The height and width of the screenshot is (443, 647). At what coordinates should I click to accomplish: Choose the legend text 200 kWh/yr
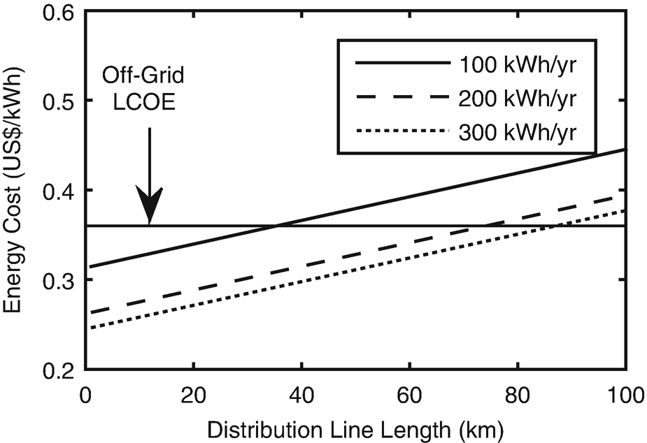[518, 98]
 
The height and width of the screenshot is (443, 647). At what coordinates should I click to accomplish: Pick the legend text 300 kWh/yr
[518, 131]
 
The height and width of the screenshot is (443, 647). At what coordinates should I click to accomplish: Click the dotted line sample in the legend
[401, 131]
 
